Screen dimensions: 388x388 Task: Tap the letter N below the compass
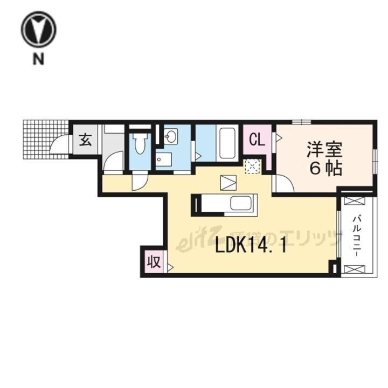pyautogui.click(x=39, y=60)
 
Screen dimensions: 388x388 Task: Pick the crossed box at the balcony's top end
pyautogui.click(x=357, y=202)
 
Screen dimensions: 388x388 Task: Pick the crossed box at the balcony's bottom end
pyautogui.click(x=357, y=268)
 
